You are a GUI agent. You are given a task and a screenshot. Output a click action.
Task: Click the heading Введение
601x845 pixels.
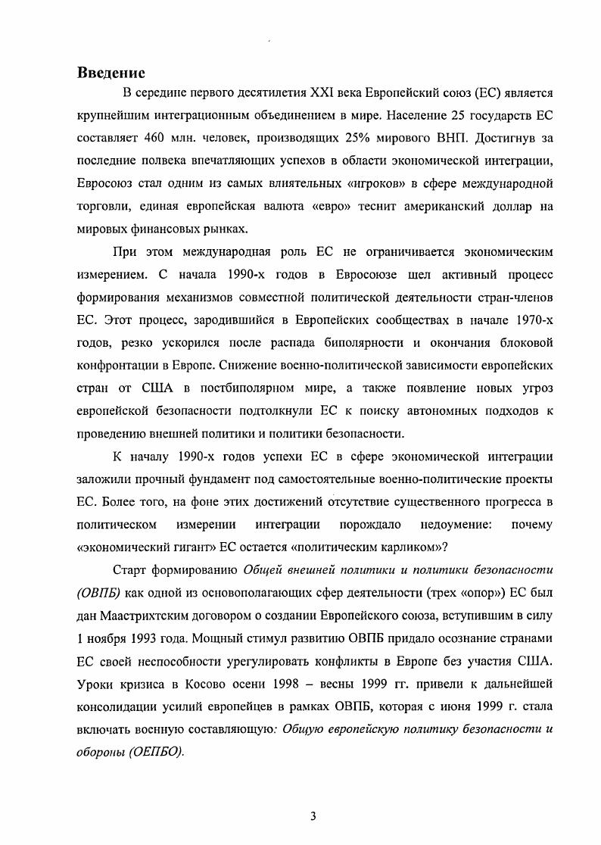[x=111, y=73]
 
